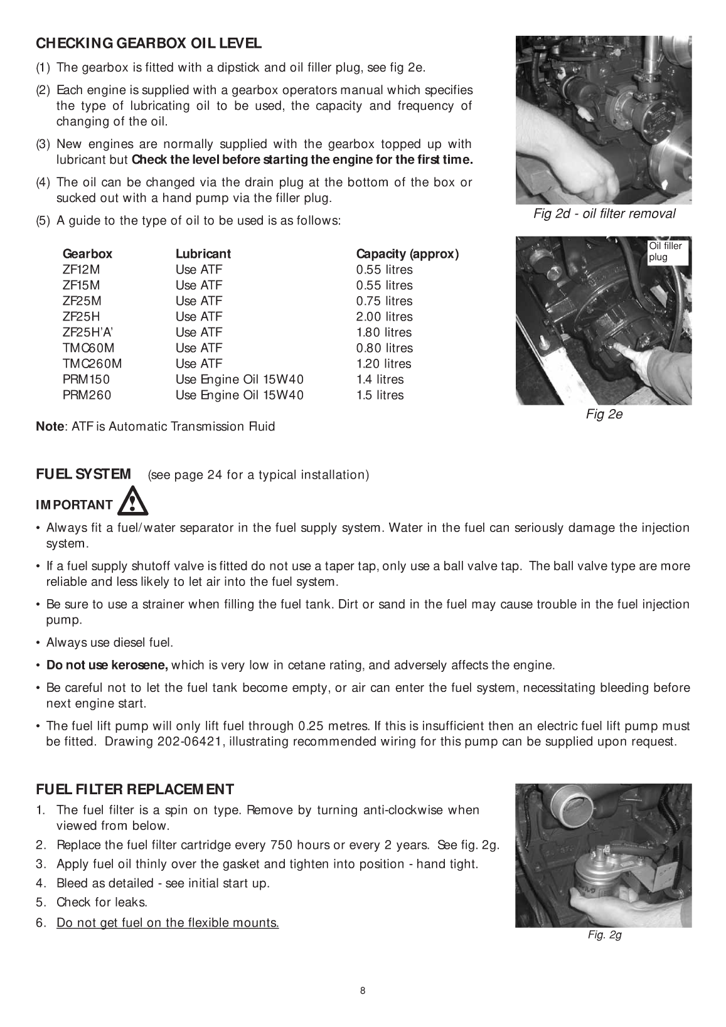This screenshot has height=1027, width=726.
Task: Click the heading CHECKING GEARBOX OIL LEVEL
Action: pyautogui.click(x=149, y=43)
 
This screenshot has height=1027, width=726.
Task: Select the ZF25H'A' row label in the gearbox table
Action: pyautogui.click(x=87, y=333)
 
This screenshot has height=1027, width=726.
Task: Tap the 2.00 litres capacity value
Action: pyautogui.click(x=384, y=317)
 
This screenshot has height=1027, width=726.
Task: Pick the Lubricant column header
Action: pyautogui.click(x=203, y=254)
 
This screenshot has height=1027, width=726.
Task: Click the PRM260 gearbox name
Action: pyautogui.click(x=87, y=395)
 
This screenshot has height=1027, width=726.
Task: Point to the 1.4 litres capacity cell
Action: pyautogui.click(x=380, y=380)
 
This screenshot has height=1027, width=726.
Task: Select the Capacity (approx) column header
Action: pyautogui.click(x=407, y=254)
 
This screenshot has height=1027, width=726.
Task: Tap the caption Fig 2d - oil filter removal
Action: pyautogui.click(x=604, y=214)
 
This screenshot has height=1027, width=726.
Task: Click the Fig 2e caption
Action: pyautogui.click(x=604, y=415)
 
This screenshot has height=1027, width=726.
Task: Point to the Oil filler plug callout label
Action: pyautogui.click(x=665, y=252)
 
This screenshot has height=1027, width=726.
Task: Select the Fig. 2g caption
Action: pyautogui.click(x=604, y=935)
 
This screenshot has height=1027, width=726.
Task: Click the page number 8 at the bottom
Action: pyautogui.click(x=363, y=991)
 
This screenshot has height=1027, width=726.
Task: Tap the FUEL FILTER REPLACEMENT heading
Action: pyautogui.click(x=135, y=789)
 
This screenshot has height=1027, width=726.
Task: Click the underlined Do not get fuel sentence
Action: pyautogui.click(x=168, y=923)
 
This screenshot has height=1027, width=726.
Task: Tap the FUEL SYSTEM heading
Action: pyautogui.click(x=83, y=474)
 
